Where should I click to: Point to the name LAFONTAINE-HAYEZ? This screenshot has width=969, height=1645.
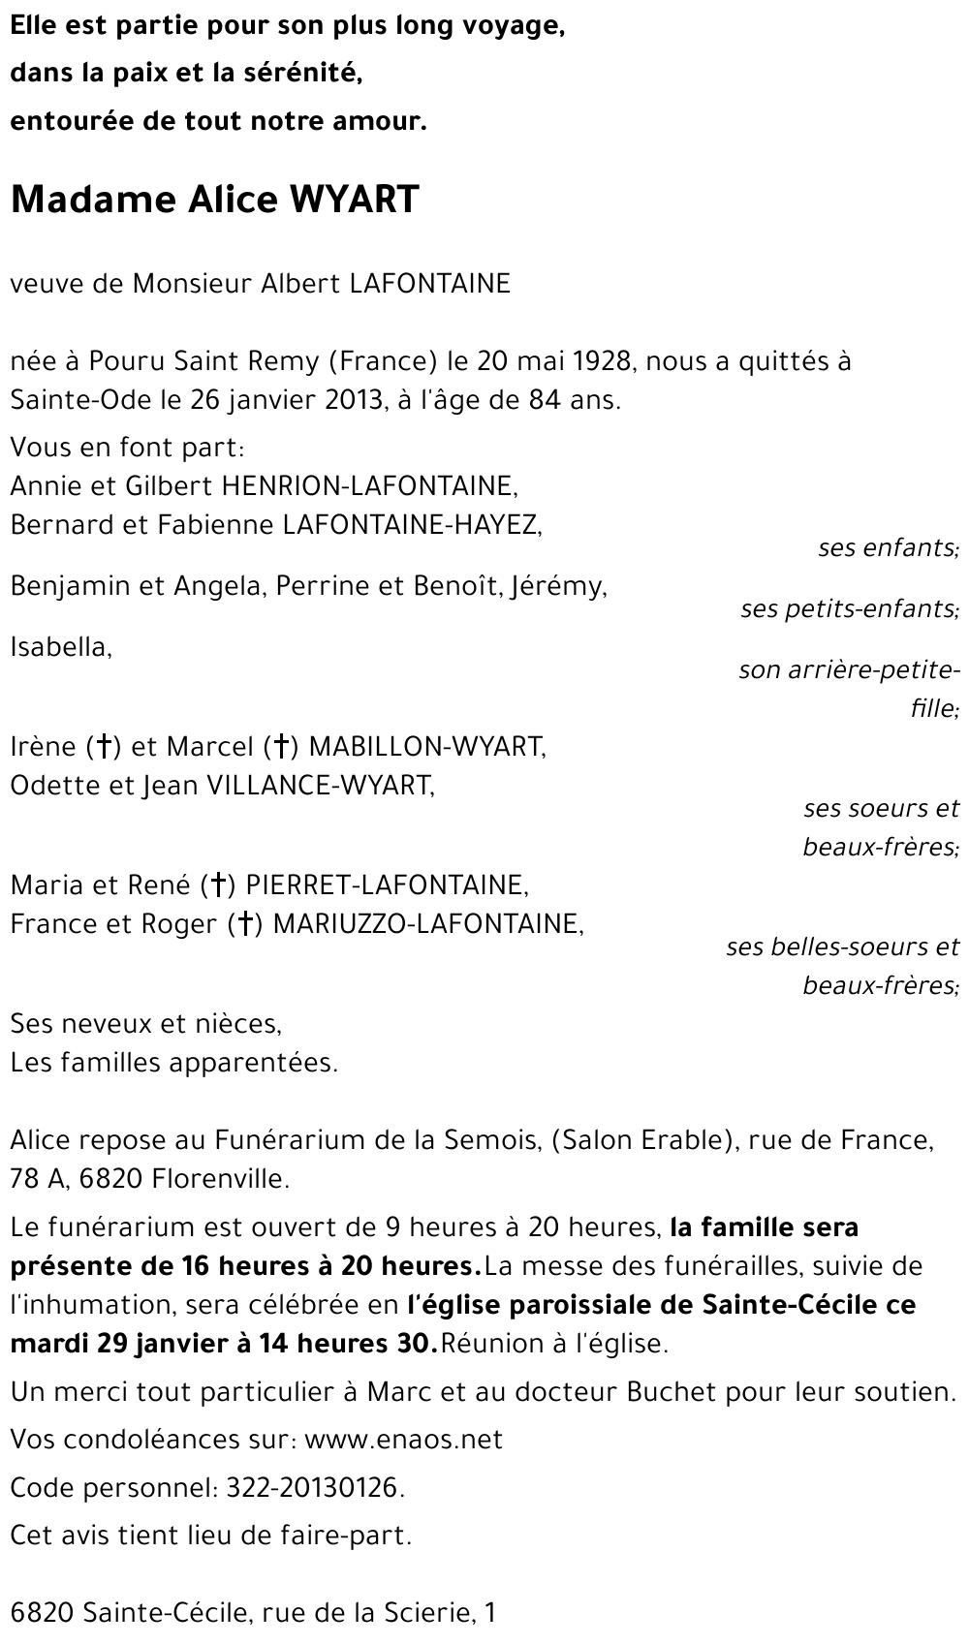(x=409, y=524)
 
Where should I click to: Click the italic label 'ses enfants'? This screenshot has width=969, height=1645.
(x=888, y=547)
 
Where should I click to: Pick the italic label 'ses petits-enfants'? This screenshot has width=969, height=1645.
(x=849, y=608)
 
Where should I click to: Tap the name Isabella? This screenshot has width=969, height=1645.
(x=60, y=646)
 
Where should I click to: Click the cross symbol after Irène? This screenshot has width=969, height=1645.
(x=102, y=747)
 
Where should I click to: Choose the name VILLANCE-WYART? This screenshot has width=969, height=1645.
(x=321, y=785)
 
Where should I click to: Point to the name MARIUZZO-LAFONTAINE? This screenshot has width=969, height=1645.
(x=428, y=924)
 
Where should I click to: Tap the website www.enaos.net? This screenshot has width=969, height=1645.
(x=403, y=1440)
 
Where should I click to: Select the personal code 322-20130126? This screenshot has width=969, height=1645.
(x=314, y=1487)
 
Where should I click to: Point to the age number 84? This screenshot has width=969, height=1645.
(x=545, y=399)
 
